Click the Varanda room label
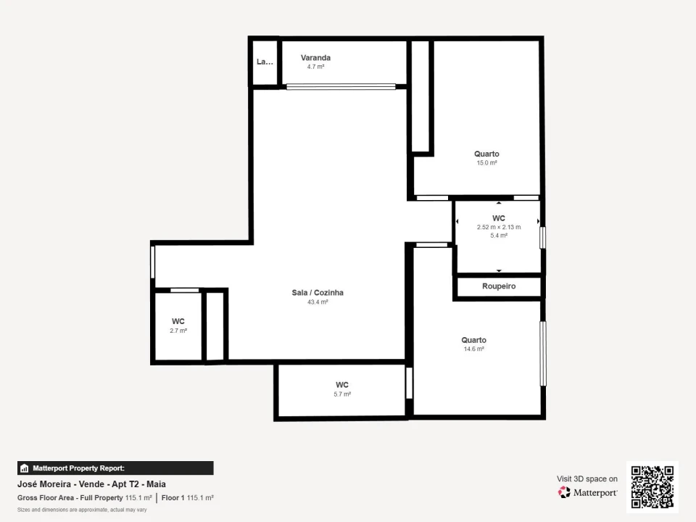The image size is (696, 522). pos(315,57)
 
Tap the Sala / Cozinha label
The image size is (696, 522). pos(318,293)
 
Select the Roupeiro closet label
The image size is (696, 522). pos(499,286)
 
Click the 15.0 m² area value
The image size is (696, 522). pos(486,163)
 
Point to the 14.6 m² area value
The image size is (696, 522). pos(473,349)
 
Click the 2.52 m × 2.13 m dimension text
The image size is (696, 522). pos(499,227)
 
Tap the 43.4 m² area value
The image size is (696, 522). pos(318,302)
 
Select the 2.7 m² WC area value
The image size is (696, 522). pos(178,330)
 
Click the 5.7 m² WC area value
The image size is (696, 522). pos(342,394)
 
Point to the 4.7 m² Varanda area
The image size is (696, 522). pos(315,66)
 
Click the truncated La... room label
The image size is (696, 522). pos(265,62)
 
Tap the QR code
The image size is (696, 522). pos(652,486)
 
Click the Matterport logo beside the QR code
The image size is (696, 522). pos(587,492)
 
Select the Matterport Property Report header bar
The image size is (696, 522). pos(115,468)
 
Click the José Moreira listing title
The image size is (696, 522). pos(86,484)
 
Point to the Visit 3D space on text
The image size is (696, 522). pos(587,478)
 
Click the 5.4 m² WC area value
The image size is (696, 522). pos(499,235)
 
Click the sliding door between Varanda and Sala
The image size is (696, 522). pos(341,86)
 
